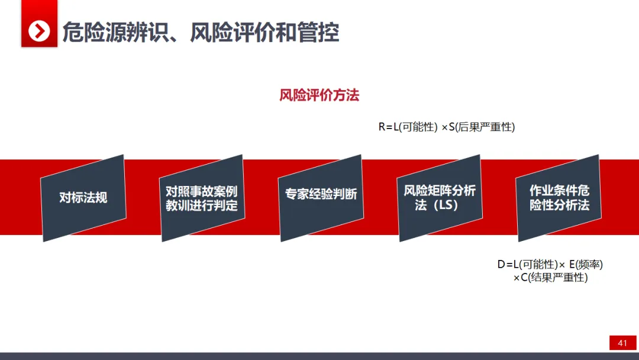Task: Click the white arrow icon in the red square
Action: point(39,31)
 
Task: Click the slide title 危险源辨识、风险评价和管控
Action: point(201,32)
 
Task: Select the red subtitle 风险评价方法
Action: point(319,95)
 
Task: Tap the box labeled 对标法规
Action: point(83,198)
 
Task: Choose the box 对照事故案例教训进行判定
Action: point(202,198)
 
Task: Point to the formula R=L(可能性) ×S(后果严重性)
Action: point(447,127)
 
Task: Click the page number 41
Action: point(622,343)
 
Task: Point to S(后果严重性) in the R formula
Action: point(482,127)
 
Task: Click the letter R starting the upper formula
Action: point(382,127)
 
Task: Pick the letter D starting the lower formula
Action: point(501,265)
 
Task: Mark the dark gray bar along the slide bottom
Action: point(319,356)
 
